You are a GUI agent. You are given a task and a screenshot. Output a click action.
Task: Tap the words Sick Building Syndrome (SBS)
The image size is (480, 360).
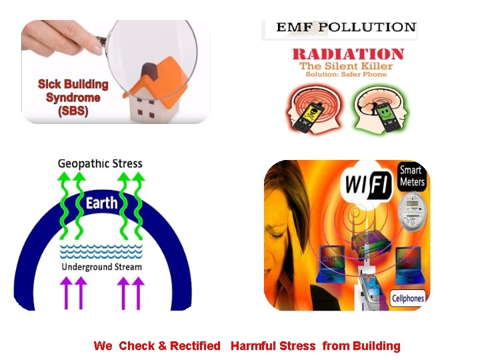pos(73,97)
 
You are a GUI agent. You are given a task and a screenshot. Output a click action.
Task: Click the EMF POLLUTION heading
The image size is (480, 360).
pos(346,27)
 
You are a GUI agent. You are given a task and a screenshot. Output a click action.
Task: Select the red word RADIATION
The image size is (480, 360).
pos(347,54)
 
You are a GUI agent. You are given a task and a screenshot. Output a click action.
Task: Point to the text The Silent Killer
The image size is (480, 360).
pos(346,66)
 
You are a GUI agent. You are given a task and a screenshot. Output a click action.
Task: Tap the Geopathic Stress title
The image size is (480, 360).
pos(100,163)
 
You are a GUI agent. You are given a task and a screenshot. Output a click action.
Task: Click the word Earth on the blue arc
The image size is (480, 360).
pos(101,203)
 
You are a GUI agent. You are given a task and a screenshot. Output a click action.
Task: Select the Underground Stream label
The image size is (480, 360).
pos(101,267)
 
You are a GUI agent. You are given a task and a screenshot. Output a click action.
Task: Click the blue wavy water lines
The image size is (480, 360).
pos(101,251)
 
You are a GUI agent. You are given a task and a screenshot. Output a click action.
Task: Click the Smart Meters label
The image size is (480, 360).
pos(412,176)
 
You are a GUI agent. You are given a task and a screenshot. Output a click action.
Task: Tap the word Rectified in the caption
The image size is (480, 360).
pos(195,345)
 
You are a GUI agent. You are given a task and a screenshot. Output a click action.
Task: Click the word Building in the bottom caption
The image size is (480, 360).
pos(377,345)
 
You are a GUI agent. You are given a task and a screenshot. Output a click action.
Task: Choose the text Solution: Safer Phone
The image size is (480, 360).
pos(346,74)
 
